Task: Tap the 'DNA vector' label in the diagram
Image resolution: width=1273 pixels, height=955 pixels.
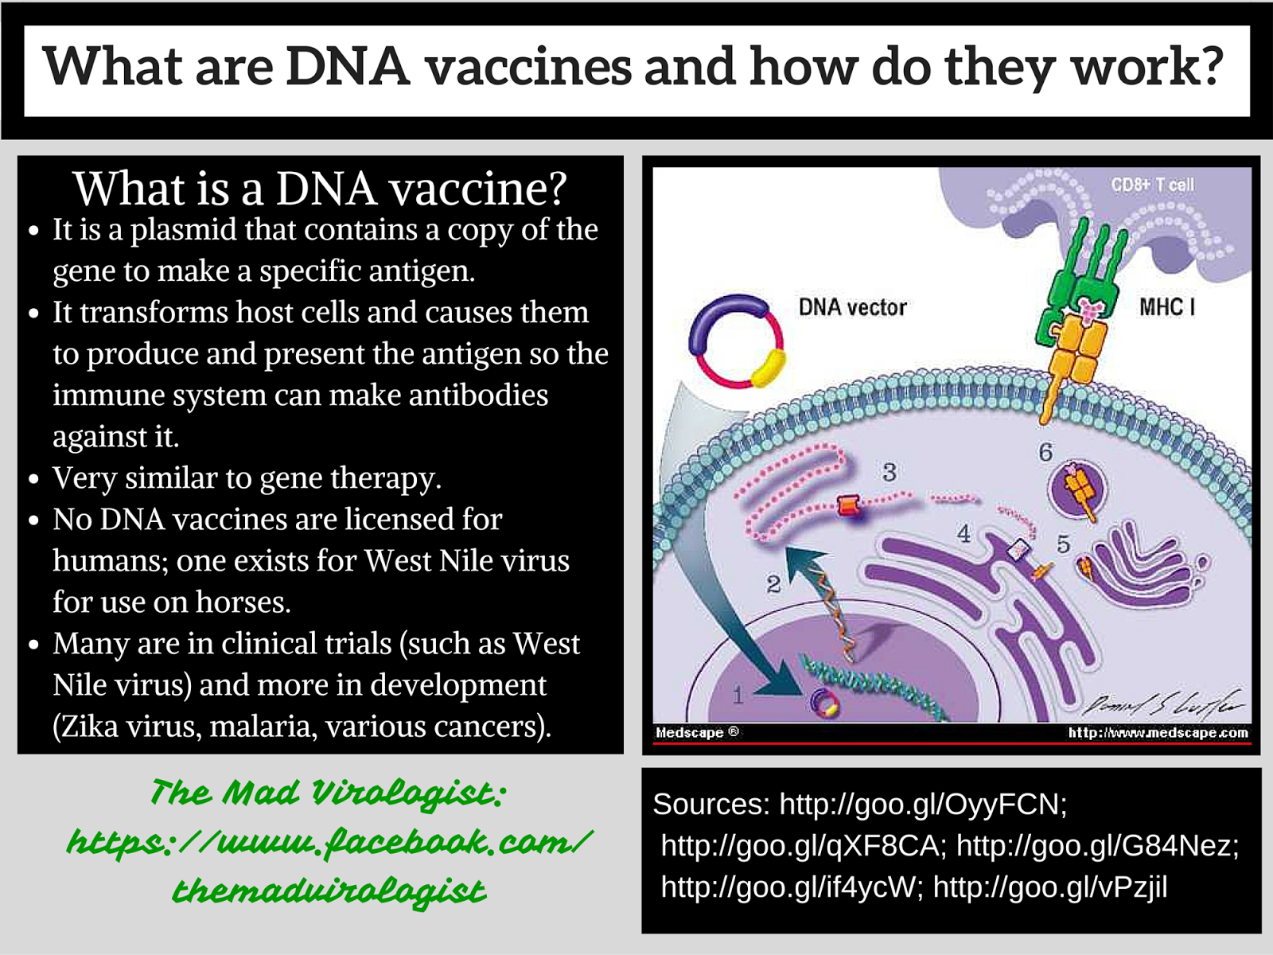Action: click(852, 307)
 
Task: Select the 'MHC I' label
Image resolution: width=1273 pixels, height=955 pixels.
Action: click(1166, 306)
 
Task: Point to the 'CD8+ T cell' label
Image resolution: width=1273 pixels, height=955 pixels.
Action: click(1152, 185)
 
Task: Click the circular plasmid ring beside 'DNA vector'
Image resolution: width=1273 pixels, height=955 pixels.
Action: click(737, 341)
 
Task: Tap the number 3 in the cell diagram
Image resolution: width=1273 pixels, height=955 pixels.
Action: click(889, 472)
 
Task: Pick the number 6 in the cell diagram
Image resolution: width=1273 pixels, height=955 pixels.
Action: click(1045, 452)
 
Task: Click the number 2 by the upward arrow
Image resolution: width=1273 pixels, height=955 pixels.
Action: click(773, 585)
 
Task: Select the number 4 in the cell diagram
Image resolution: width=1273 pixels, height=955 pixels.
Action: click(964, 533)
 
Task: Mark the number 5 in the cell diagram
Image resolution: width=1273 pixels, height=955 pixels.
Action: click(1063, 544)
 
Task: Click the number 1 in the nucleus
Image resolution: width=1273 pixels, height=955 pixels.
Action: click(738, 695)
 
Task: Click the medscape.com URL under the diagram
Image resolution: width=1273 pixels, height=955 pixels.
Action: click(1158, 732)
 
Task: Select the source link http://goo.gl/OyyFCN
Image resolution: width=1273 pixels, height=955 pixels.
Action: click(922, 805)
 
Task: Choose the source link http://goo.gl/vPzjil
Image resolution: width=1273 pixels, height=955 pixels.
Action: click(1049, 887)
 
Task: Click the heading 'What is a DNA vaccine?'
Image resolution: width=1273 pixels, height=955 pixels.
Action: click(320, 189)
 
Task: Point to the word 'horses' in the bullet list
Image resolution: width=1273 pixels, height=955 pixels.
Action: click(242, 602)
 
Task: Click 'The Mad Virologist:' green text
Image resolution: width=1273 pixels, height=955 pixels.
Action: click(328, 793)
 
